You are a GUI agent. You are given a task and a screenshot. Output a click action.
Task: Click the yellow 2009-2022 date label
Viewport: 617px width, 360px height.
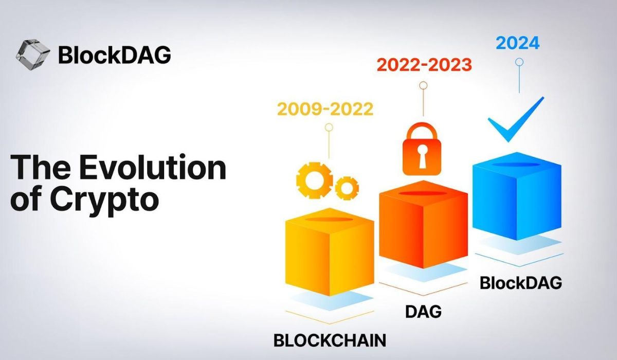(x=325, y=110)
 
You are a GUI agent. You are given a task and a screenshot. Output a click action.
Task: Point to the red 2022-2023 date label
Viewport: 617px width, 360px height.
(x=424, y=65)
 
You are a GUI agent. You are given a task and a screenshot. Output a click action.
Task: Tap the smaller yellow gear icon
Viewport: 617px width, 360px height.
(x=347, y=187)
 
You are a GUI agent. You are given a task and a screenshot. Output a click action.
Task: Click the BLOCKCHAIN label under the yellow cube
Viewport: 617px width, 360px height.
(x=330, y=340)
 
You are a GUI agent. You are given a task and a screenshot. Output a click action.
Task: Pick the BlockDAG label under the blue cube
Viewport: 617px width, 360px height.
(x=520, y=282)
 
